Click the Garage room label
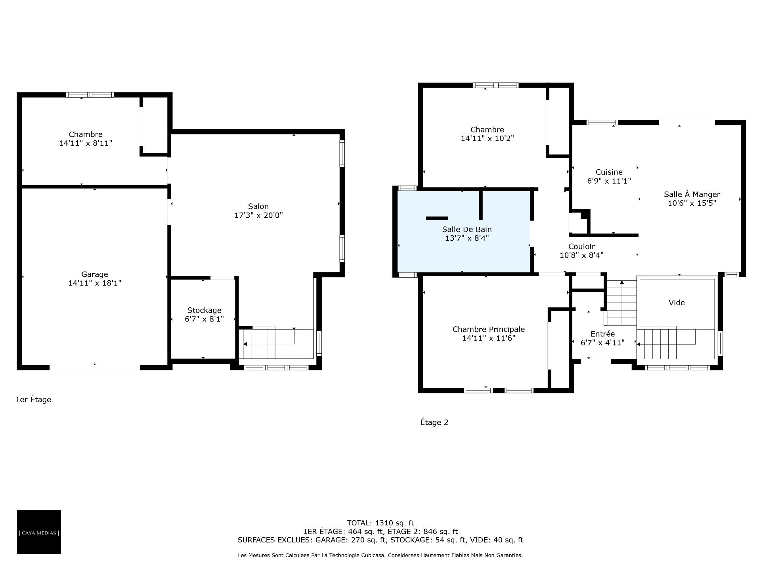point(95,274)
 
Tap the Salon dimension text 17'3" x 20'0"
point(258,215)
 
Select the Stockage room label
point(204,310)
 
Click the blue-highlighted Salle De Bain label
point(467,229)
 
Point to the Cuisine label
point(609,172)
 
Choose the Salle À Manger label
point(692,194)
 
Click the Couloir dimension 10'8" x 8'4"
point(581,255)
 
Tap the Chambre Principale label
point(489,329)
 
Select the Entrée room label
point(602,334)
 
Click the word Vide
point(677,303)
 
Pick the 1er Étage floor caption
point(33,399)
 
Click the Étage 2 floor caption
point(434,422)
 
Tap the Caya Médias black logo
point(39,532)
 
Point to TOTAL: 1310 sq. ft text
point(380,523)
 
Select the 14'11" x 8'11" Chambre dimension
point(86,143)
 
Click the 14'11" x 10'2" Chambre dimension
point(487,138)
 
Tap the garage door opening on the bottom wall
point(95,367)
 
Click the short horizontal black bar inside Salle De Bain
point(437,218)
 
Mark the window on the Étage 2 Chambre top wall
point(496,85)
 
